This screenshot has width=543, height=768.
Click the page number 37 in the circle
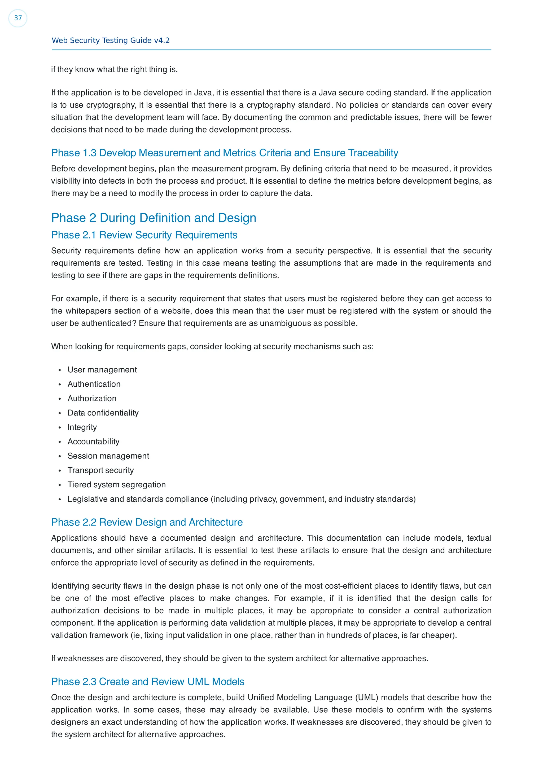click(x=18, y=18)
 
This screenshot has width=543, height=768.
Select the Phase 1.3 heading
click(x=225, y=153)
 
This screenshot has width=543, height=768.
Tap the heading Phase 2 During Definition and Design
click(x=154, y=218)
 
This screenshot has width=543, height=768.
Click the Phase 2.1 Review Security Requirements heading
click(x=144, y=235)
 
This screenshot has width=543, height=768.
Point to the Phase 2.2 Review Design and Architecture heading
click(x=147, y=522)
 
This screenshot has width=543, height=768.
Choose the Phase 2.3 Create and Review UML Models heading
click(x=147, y=681)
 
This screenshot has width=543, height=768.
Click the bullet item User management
click(x=102, y=370)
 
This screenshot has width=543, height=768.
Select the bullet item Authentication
click(x=94, y=384)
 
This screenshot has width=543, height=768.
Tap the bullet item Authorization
click(x=92, y=398)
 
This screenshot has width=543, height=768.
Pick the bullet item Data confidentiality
click(x=103, y=413)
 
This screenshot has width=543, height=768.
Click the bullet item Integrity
click(x=82, y=427)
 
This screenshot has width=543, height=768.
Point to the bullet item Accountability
click(x=93, y=442)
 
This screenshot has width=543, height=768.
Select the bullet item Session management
click(x=108, y=456)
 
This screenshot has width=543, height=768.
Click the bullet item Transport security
click(x=101, y=470)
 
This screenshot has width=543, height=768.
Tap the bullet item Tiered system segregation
click(x=116, y=485)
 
